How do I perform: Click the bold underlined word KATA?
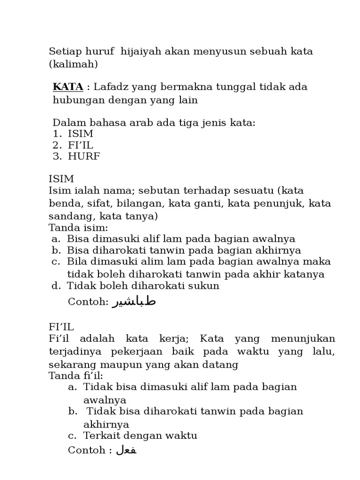[68, 87]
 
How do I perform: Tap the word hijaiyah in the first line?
[140, 51]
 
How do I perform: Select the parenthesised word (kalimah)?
[73, 64]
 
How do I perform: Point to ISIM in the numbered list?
[80, 134]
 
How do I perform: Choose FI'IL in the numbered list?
[80, 145]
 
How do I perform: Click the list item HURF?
[84, 157]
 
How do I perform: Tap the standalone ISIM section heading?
[61, 179]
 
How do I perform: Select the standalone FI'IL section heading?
[61, 327]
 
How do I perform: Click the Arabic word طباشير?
[134, 301]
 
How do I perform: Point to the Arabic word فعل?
[126, 450]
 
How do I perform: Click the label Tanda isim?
[78, 228]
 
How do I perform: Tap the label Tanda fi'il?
[76, 375]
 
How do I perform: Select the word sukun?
[204, 285]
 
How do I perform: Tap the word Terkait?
[99, 435]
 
